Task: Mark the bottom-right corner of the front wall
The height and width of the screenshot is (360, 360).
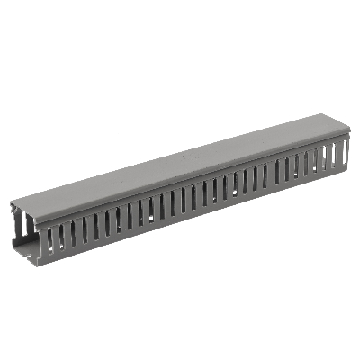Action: point(347,170)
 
